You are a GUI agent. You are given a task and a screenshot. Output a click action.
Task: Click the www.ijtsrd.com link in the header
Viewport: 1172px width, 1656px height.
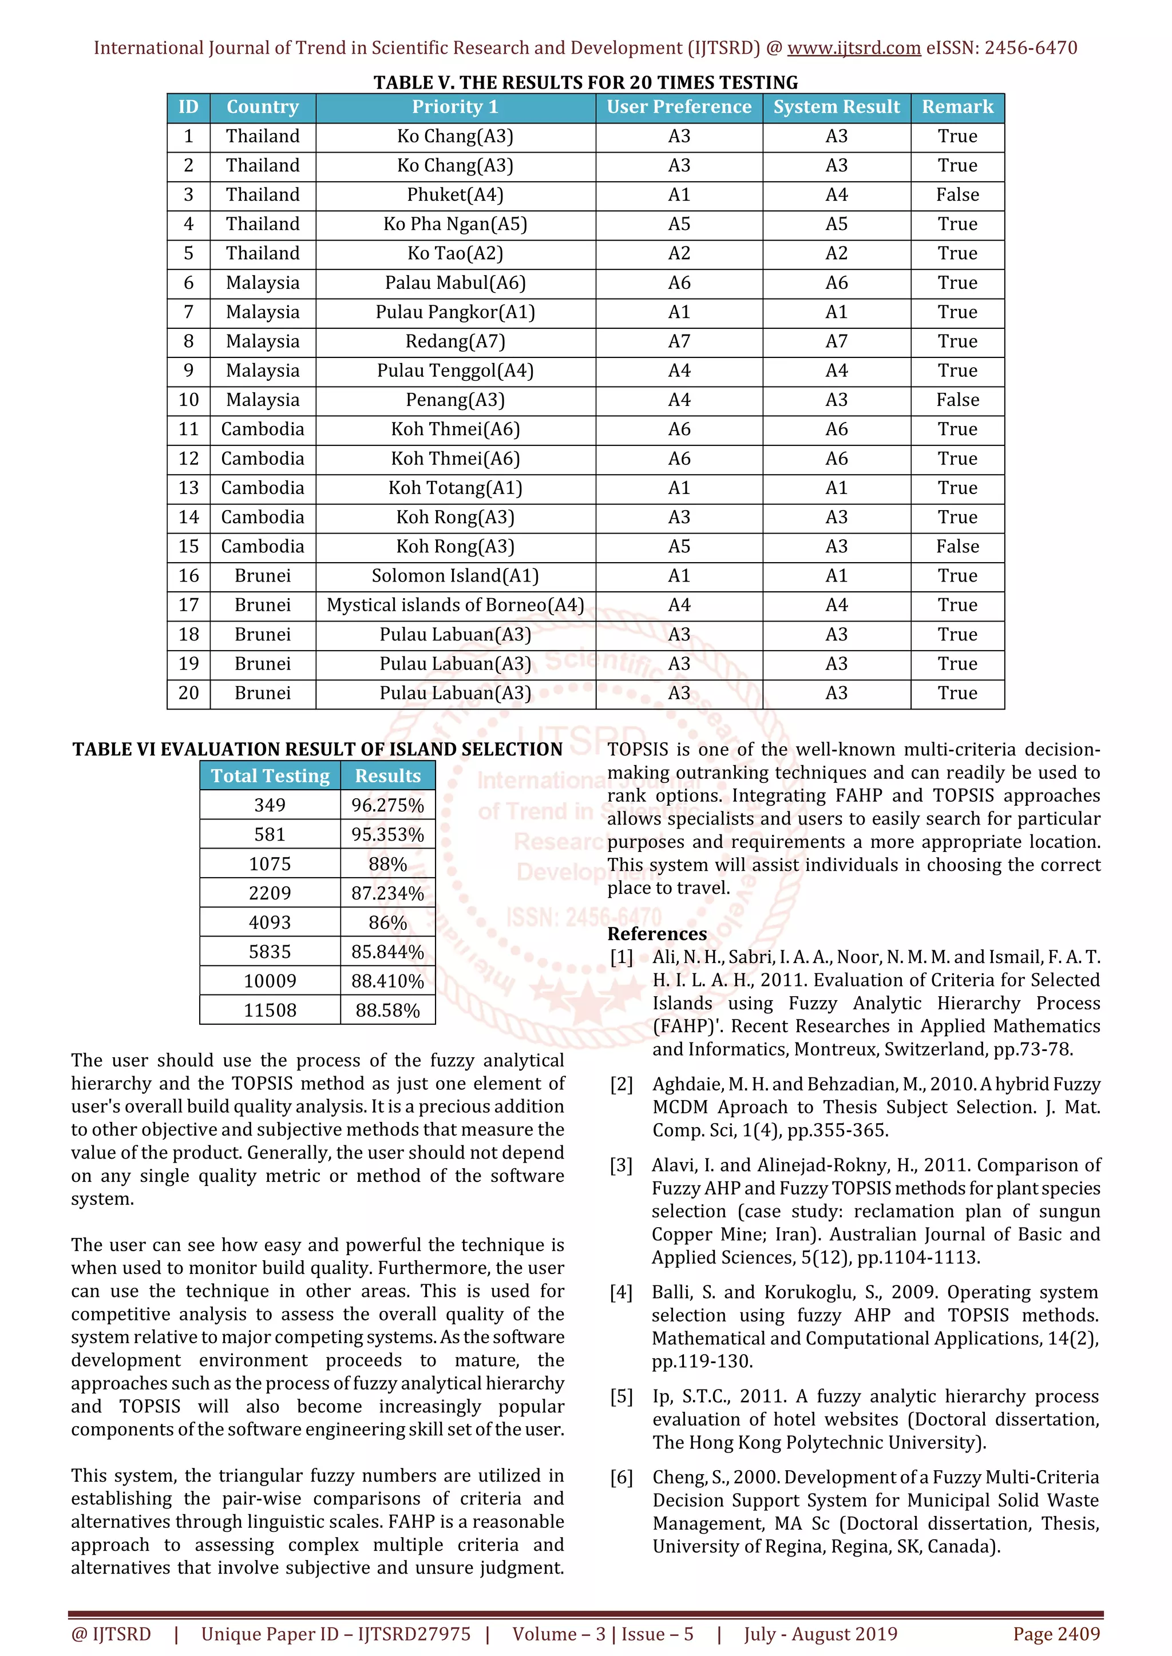pos(853,49)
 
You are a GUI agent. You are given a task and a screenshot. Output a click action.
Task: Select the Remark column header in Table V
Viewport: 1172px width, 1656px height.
pos(957,108)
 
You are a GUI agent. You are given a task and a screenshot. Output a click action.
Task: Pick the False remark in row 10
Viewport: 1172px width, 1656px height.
pos(957,400)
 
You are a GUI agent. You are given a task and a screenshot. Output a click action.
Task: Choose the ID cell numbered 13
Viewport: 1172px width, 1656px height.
pos(188,488)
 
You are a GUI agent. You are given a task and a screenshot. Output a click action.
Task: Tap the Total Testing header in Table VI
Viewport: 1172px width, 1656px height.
pos(270,776)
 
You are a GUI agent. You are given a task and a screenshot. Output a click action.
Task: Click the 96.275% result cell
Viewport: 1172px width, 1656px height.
pos(387,806)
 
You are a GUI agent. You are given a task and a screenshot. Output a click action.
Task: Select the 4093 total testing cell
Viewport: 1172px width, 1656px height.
pos(270,922)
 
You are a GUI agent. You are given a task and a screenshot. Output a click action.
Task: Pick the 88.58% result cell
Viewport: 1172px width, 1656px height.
pos(387,1010)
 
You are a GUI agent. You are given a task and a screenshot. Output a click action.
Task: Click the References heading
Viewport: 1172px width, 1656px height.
pos(657,934)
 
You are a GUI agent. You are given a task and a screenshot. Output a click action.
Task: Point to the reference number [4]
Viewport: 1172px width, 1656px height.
pos(621,1292)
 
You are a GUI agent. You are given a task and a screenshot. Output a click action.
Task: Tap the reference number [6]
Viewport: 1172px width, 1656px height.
pos(621,1477)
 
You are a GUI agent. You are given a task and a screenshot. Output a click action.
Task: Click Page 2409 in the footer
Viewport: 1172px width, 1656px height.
pos(1056,1634)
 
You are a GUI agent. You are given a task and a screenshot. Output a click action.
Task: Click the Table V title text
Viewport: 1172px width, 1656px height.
pos(585,82)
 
